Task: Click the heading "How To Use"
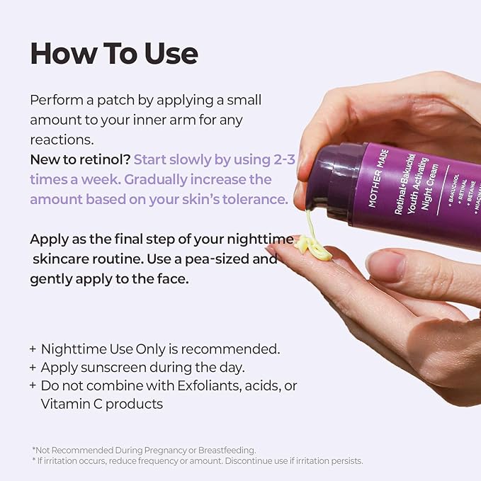pyautogui.click(x=114, y=54)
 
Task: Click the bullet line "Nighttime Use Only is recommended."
pyautogui.click(x=160, y=349)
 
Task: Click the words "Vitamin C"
pyautogui.click(x=71, y=404)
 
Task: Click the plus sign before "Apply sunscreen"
pyautogui.click(x=33, y=368)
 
